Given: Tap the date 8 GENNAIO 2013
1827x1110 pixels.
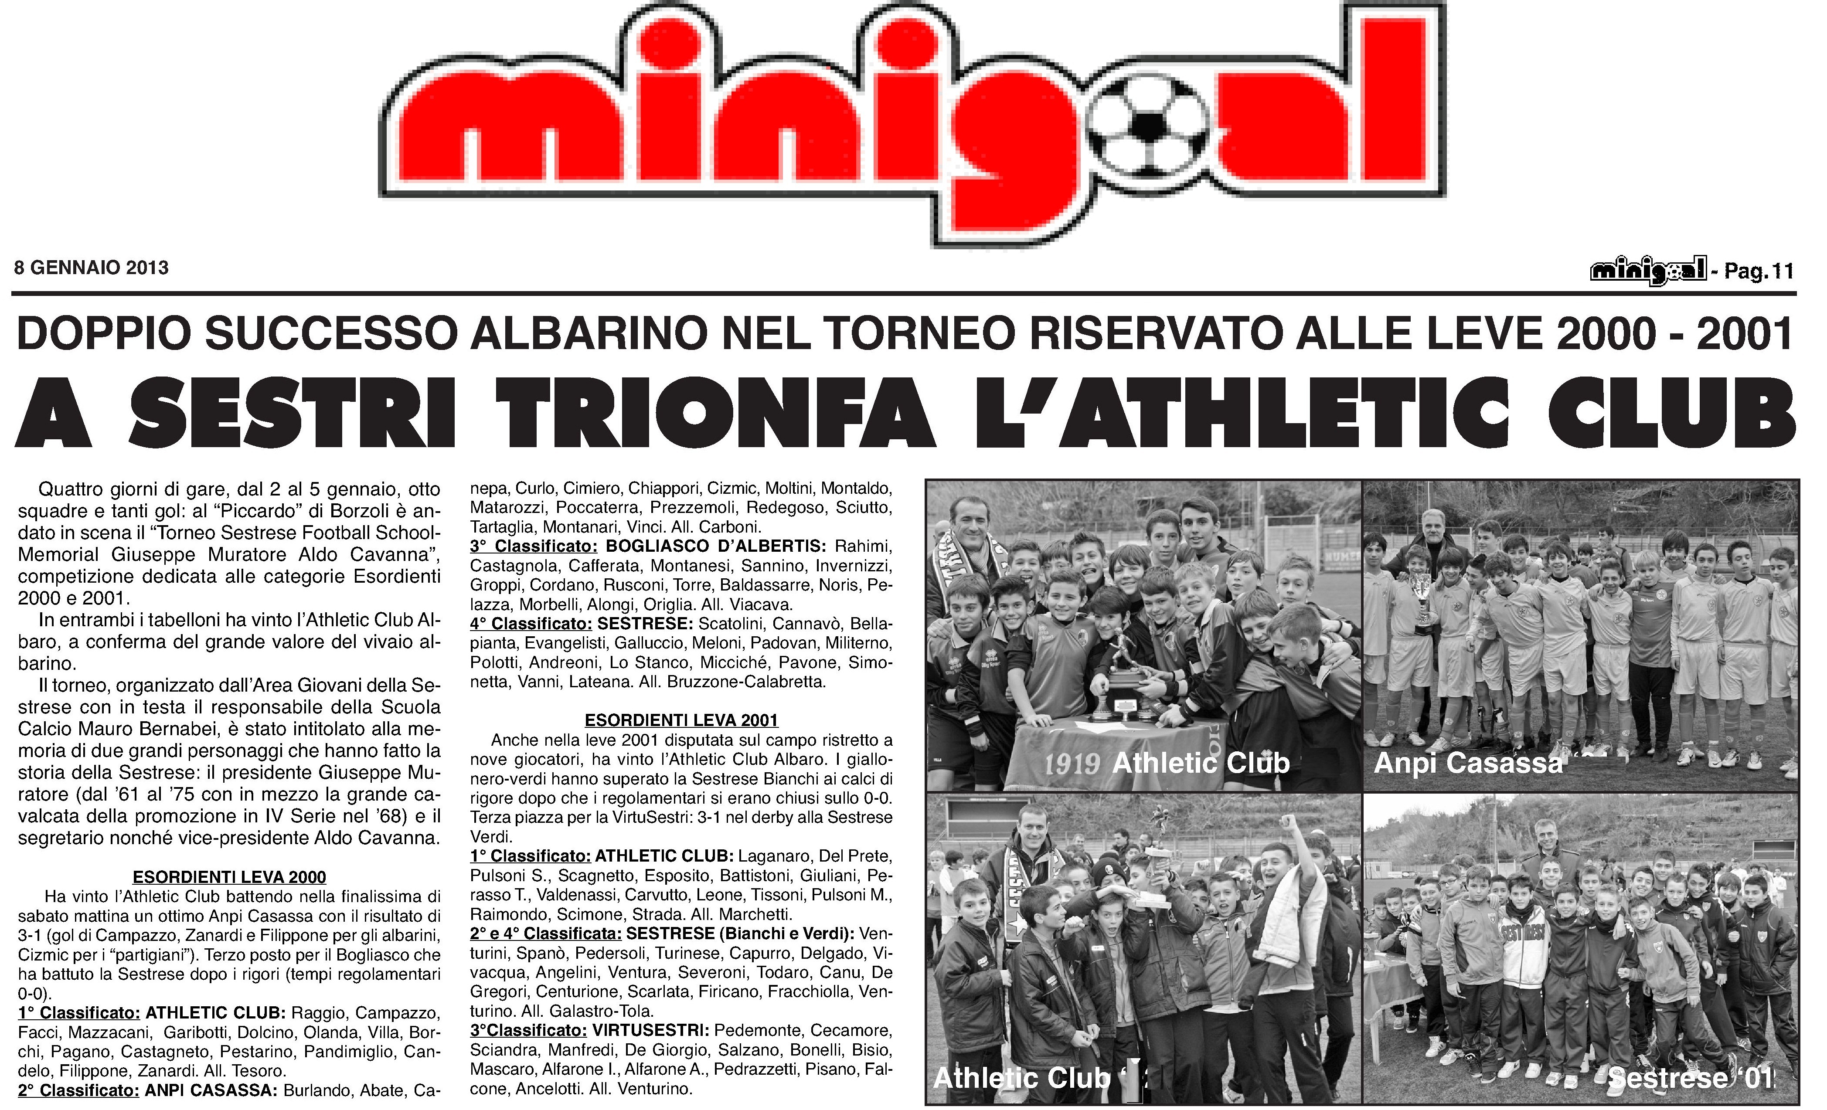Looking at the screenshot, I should [x=91, y=268].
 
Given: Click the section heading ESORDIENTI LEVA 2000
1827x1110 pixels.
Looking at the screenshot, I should [x=229, y=877].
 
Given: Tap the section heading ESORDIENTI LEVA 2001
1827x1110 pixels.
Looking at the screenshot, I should [x=681, y=720].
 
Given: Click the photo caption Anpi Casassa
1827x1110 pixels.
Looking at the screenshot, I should [x=1468, y=763].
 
